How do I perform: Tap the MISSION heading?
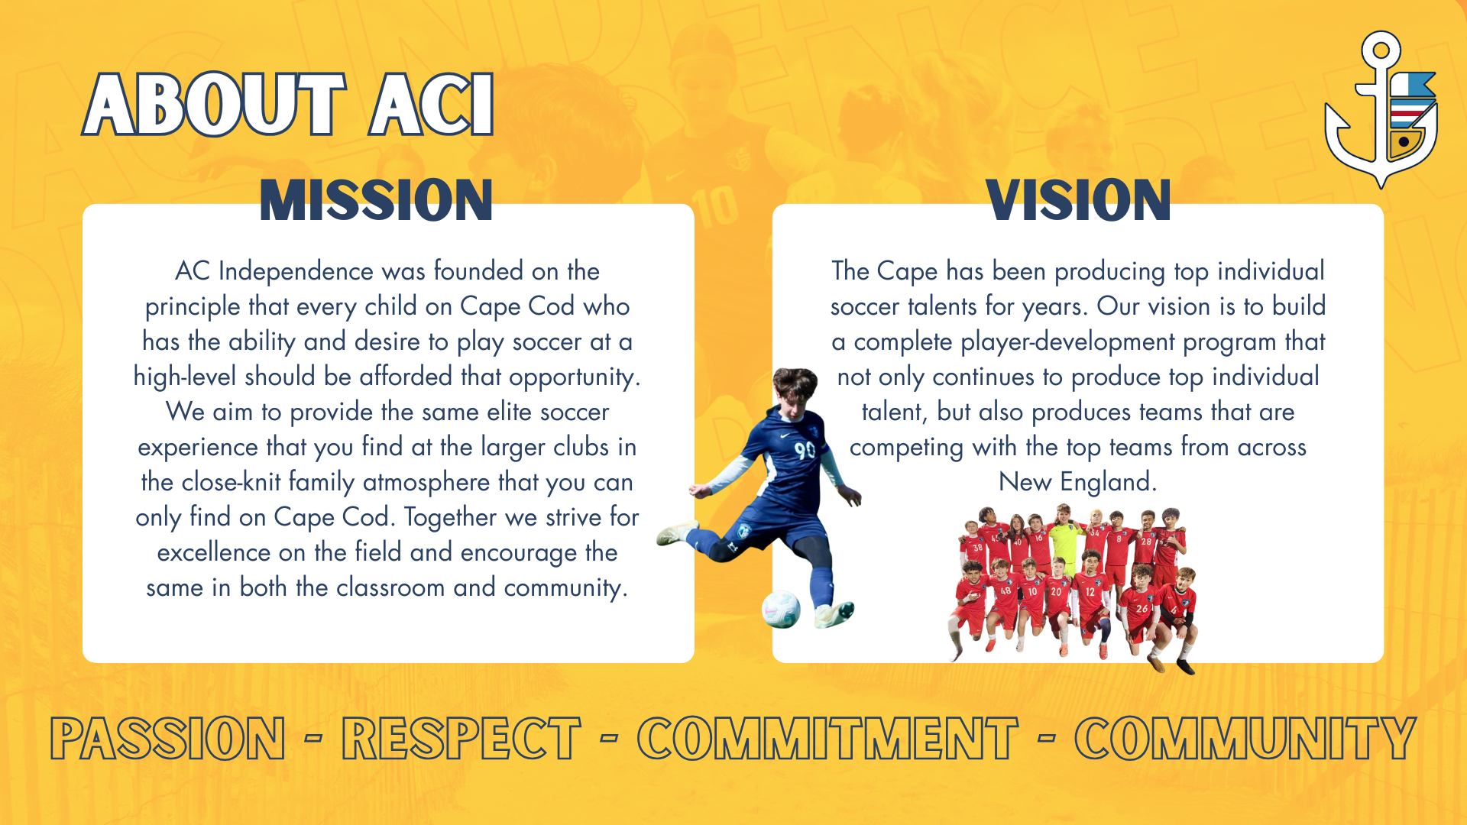click(x=376, y=201)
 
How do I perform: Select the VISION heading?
click(x=1078, y=201)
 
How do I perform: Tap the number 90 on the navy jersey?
click(x=805, y=449)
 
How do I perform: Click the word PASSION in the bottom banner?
click(x=168, y=739)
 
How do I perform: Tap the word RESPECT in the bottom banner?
click(x=461, y=739)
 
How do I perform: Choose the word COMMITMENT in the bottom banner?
click(x=827, y=739)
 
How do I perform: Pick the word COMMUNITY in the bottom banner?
click(x=1245, y=739)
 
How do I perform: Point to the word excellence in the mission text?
click(x=214, y=552)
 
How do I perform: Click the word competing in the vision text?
click(x=906, y=448)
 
